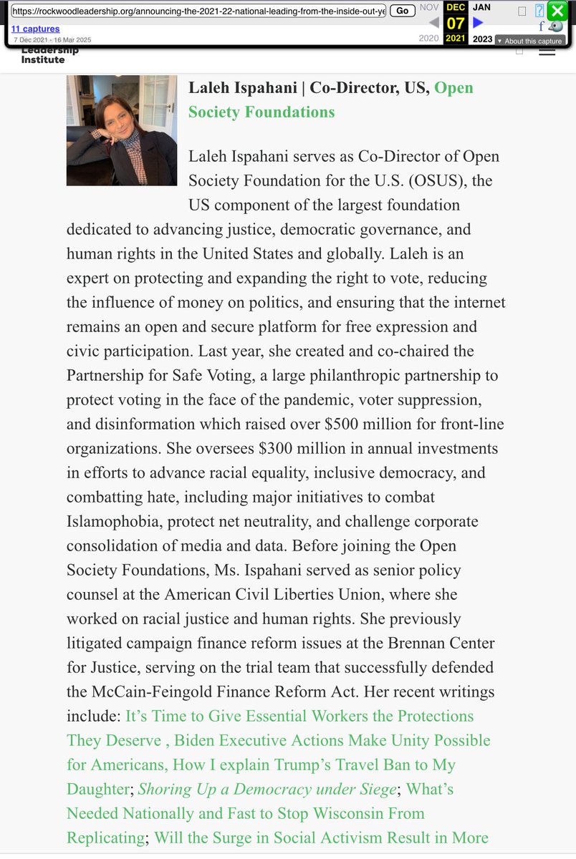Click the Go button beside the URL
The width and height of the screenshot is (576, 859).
tap(403, 11)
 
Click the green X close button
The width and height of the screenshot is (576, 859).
tap(557, 11)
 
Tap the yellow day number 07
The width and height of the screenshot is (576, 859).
tap(456, 23)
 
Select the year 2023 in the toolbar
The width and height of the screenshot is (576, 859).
tap(482, 39)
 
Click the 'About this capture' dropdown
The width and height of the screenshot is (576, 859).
tap(529, 41)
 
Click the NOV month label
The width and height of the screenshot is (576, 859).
tap(429, 6)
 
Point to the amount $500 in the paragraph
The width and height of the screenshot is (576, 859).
tap(345, 424)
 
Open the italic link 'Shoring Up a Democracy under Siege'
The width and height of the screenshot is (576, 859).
tap(267, 789)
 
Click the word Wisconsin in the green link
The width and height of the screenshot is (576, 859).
tap(322, 813)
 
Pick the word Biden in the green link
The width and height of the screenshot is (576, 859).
tap(197, 740)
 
